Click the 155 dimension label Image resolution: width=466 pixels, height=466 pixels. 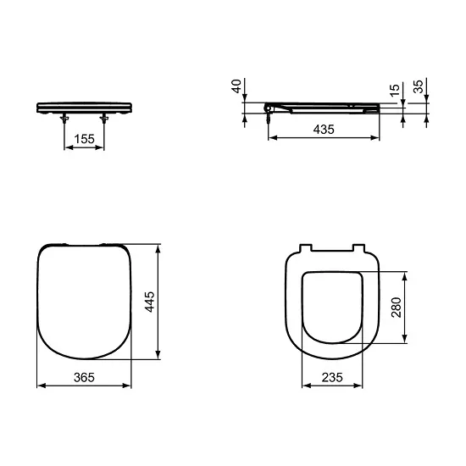tap(85, 138)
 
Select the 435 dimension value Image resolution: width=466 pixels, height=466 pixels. tap(323, 130)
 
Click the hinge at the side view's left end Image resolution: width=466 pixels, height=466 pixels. tap(269, 108)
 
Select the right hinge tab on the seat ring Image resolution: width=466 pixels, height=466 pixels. tap(356, 247)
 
